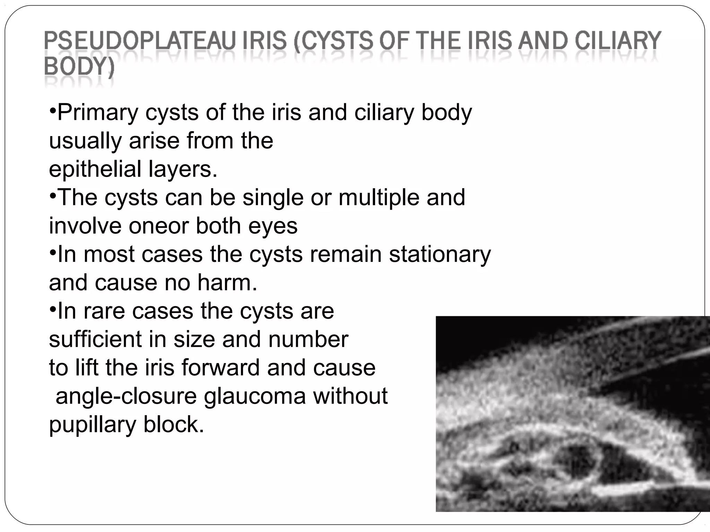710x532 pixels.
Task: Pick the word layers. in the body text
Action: tap(183, 169)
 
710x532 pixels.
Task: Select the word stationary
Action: tap(440, 254)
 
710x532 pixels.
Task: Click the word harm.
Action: tap(227, 283)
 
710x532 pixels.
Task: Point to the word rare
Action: tap(104, 311)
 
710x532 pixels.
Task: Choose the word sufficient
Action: tap(95, 339)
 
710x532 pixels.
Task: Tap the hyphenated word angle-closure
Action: tap(126, 396)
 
